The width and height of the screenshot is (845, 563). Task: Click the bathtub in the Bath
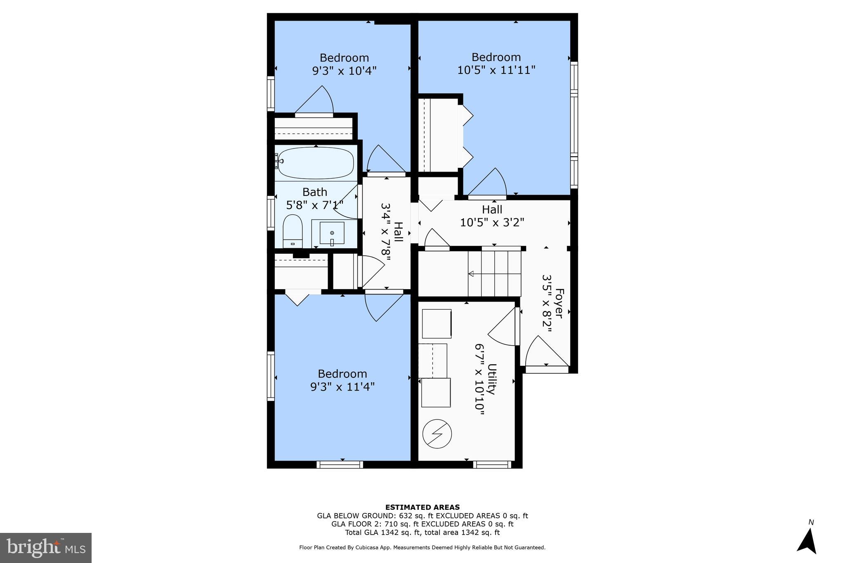(316, 163)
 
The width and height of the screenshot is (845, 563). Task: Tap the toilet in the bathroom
(293, 232)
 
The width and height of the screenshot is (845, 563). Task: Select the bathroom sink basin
(332, 233)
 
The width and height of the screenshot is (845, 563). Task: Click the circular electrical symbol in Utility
(437, 434)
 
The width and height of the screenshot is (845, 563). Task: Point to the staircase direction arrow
(471, 274)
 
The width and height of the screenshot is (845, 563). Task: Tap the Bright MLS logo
(46, 548)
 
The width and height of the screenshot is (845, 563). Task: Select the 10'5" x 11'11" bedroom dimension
(496, 70)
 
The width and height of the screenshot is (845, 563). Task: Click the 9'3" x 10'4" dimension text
(344, 71)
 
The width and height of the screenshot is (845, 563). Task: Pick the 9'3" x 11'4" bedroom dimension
(342, 387)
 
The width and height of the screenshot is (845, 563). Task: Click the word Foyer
(559, 303)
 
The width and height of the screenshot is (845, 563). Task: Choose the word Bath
(315, 192)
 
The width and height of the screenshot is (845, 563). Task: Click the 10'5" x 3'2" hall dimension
(492, 223)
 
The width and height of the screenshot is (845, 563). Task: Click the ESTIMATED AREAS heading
(422, 507)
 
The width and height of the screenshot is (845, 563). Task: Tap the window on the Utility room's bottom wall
(492, 465)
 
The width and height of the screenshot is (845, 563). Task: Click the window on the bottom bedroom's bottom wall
(340, 465)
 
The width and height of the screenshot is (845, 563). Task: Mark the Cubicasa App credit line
(422, 548)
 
